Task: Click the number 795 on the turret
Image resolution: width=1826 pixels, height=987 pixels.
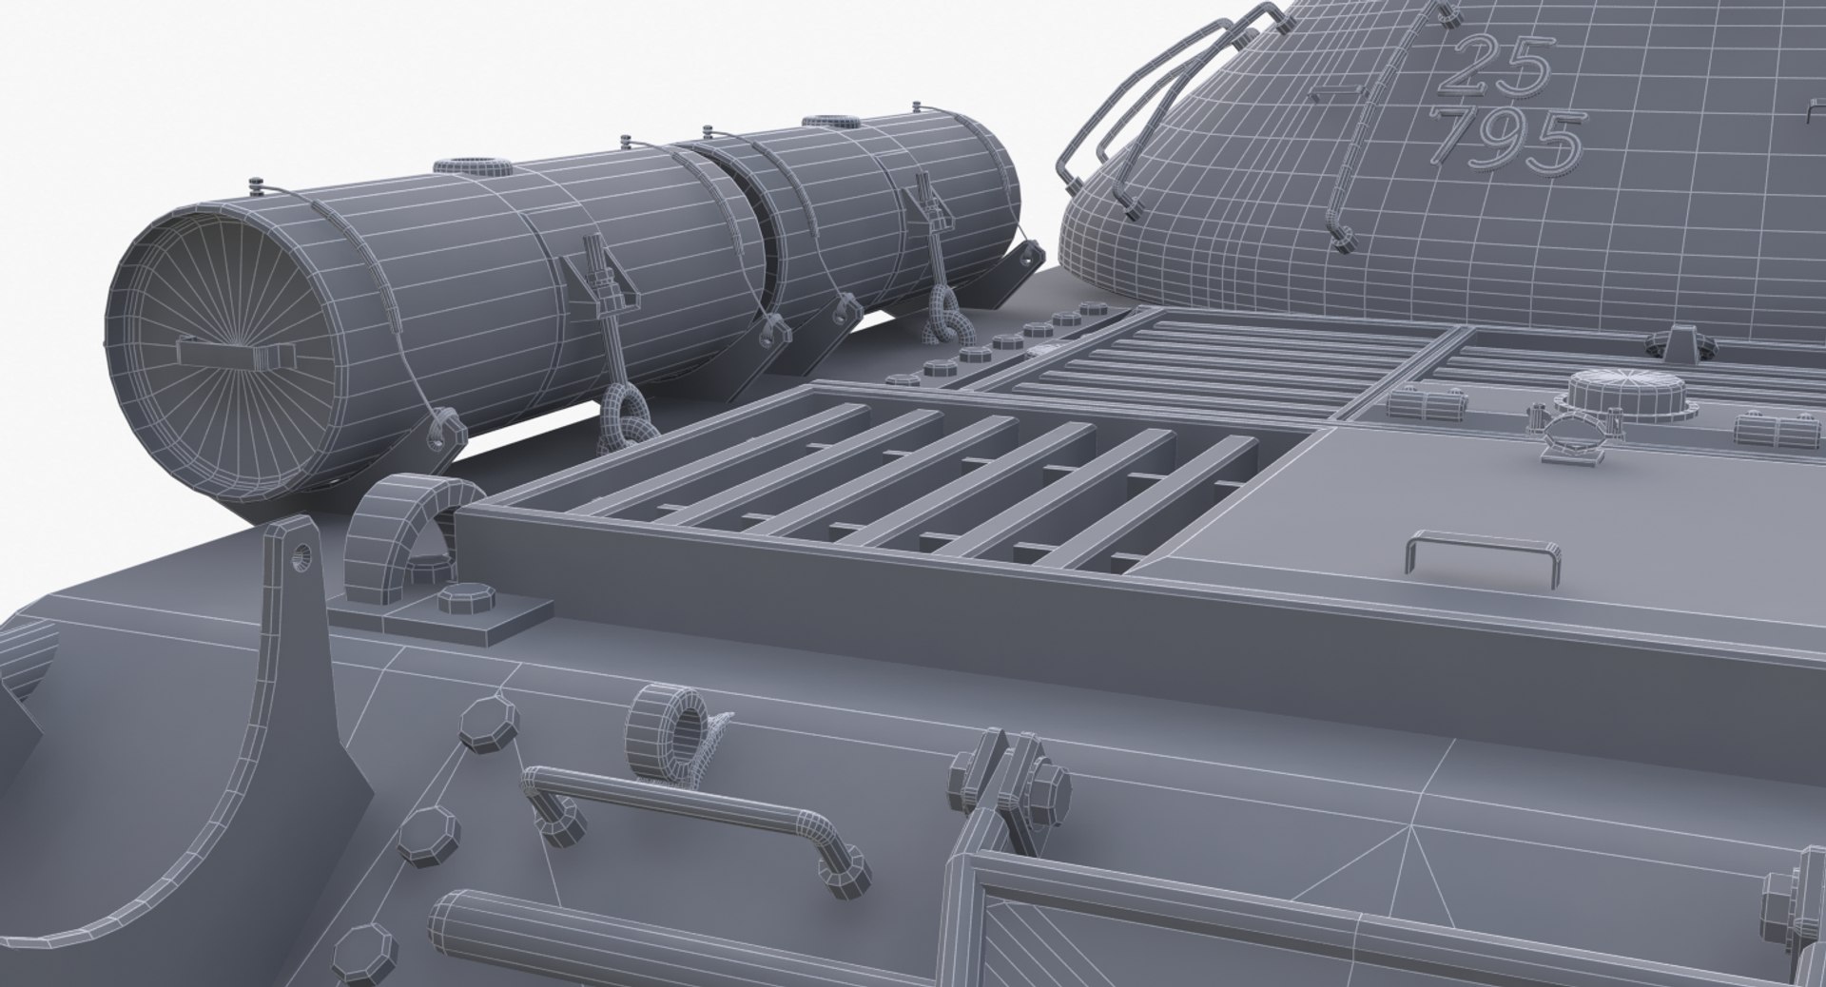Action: (1510, 138)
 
